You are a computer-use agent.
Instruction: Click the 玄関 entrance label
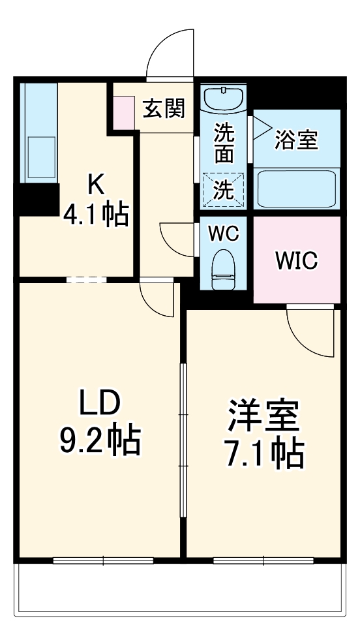click(x=164, y=108)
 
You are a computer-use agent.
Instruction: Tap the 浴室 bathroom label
click(x=297, y=140)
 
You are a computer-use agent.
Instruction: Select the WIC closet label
click(x=296, y=260)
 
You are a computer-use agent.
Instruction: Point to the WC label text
click(x=224, y=234)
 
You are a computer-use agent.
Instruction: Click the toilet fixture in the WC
click(x=224, y=267)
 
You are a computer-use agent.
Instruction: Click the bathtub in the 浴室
click(x=297, y=188)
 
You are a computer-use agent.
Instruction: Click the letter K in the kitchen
click(x=95, y=185)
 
